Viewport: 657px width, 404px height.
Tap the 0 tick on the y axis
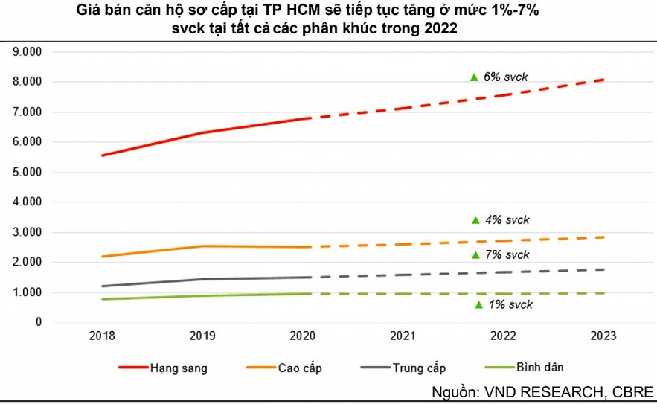click(37, 322)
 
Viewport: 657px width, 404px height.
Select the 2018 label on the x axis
click(102, 336)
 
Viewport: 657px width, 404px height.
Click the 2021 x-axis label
click(403, 336)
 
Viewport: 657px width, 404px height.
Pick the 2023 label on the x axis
click(603, 336)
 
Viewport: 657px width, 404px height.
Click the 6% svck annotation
click(506, 77)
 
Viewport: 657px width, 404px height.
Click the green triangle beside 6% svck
click(474, 77)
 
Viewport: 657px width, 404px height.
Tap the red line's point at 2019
click(202, 133)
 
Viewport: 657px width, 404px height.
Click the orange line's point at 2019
click(202, 246)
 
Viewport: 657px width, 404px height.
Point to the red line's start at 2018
click(102, 155)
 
